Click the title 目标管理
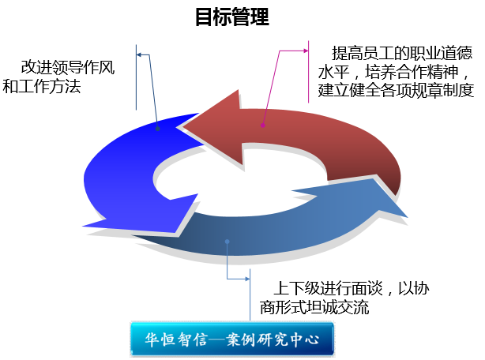point(232,17)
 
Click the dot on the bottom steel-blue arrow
point(227,241)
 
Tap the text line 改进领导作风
point(68,67)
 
